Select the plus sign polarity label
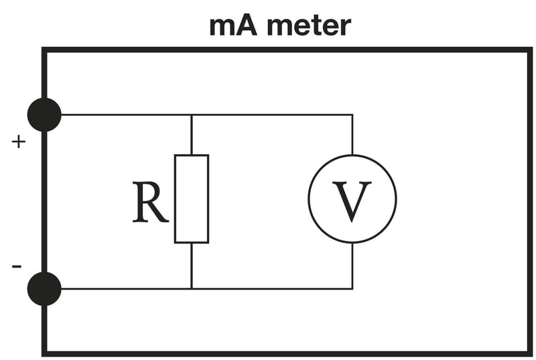click(x=19, y=142)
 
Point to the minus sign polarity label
click(x=17, y=267)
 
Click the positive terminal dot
click(x=44, y=115)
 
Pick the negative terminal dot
click(x=44, y=289)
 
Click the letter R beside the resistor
click(x=149, y=202)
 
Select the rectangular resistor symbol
click(x=192, y=199)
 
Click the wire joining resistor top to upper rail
click(x=192, y=135)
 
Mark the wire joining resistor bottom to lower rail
click(x=192, y=265)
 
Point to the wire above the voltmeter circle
click(x=352, y=134)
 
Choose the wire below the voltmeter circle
click(x=352, y=266)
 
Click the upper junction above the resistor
click(x=192, y=115)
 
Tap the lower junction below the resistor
click(x=192, y=289)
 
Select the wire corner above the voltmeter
click(x=352, y=115)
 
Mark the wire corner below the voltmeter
click(x=352, y=289)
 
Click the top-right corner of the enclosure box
click(x=529, y=50)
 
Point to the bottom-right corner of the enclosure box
click(x=529, y=353)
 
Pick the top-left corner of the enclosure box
click(x=44, y=50)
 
